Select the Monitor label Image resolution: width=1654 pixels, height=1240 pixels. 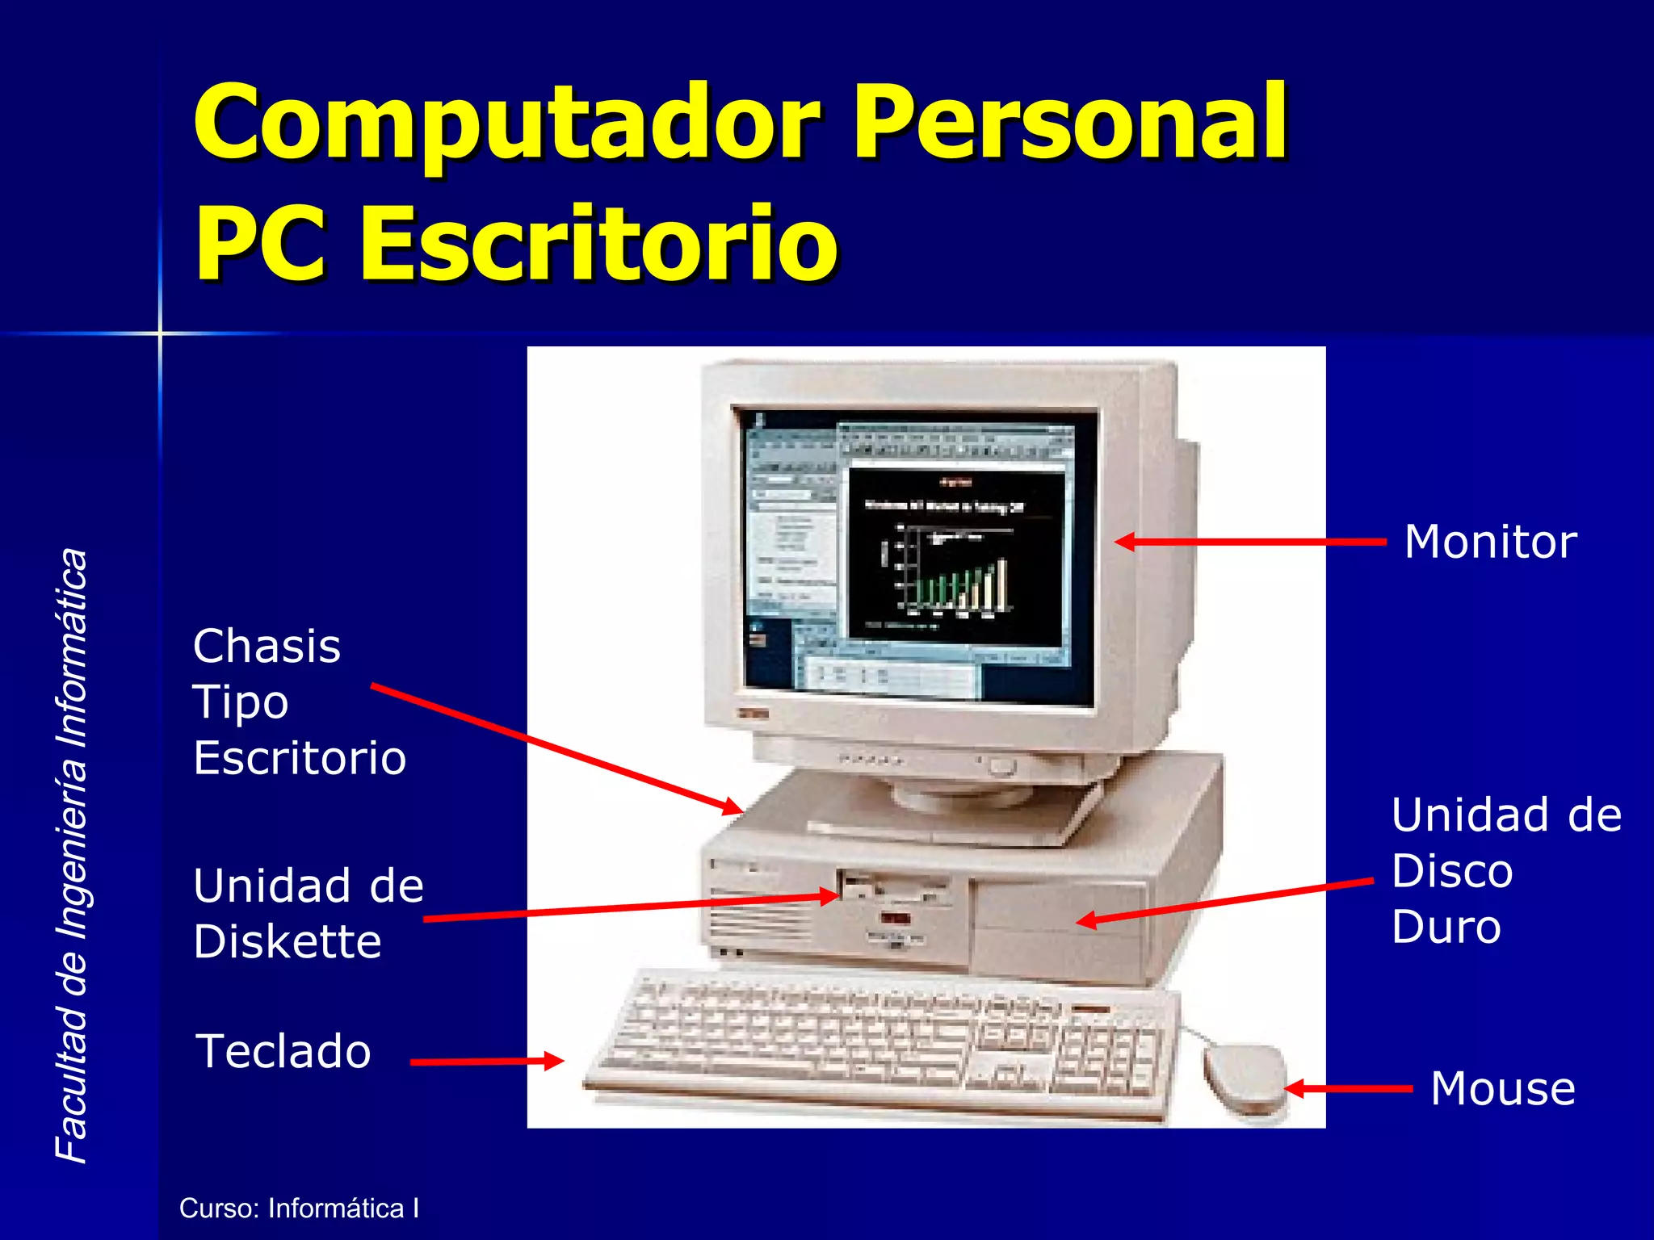[1490, 542]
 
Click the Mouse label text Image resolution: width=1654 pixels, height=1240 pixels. [1502, 1088]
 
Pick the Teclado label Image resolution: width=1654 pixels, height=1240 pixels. [283, 1051]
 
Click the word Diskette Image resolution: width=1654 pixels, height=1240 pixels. [288, 941]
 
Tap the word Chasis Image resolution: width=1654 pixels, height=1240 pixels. [267, 647]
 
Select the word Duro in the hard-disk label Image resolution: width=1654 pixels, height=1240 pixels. [1446, 927]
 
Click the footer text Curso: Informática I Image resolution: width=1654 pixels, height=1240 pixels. [299, 1209]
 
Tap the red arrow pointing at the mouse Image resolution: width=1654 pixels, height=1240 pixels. [1349, 1088]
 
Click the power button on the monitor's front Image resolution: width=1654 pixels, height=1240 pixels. [1001, 765]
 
